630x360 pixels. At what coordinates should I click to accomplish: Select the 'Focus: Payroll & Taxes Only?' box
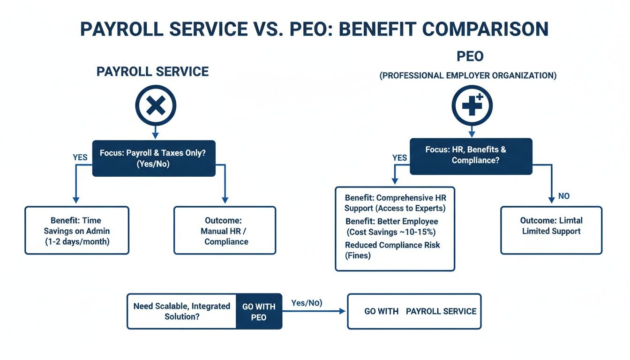point(154,158)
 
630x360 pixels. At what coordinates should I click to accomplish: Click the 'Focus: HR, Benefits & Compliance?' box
point(471,156)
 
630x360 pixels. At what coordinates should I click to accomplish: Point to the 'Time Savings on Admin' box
point(76,231)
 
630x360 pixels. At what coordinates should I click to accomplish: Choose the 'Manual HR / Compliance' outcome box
point(225,231)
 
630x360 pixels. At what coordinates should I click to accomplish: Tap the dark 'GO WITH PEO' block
point(259,312)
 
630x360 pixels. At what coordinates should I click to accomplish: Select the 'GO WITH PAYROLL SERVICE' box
point(414,311)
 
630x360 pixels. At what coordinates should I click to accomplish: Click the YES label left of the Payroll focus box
point(80,157)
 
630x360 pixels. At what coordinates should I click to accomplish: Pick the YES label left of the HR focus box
point(399,158)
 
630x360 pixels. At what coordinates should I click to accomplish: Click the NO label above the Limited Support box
point(564,196)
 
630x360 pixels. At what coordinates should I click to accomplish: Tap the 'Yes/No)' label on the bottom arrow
point(307,303)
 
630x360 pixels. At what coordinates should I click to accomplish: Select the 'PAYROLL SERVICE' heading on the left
point(152,72)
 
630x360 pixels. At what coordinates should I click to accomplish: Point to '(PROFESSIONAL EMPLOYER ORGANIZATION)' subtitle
point(468,75)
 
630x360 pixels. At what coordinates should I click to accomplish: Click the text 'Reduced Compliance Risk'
point(392,245)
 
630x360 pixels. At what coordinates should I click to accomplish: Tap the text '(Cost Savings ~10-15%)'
point(392,232)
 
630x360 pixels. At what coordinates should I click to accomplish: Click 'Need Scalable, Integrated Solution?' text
point(182,311)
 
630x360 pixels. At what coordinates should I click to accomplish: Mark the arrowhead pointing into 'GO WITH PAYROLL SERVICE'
point(343,311)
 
